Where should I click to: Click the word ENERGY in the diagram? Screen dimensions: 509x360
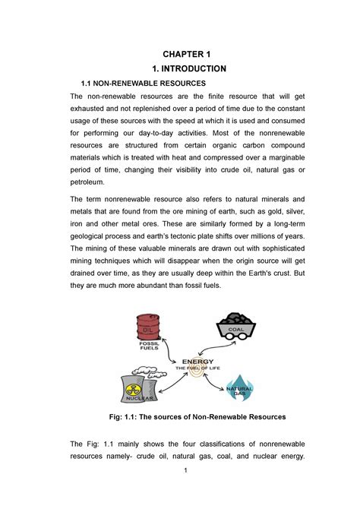195,362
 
